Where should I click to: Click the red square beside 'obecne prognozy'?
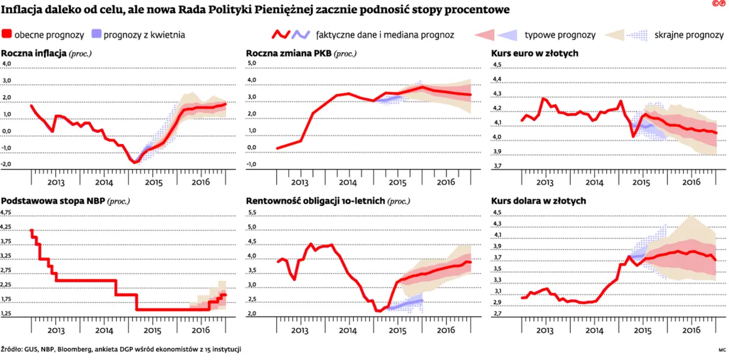pos(7,34)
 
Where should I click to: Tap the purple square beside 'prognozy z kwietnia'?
pos(96,34)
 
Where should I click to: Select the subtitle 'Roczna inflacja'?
pos(34,53)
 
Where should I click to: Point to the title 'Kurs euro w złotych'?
pos(535,53)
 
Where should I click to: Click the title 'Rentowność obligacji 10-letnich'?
pos(315,201)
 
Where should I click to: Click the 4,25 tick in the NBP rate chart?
pos(8,227)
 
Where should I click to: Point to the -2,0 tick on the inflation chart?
pos(8,164)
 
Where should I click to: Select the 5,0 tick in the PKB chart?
pos(251,63)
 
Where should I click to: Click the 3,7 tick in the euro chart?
pos(497,166)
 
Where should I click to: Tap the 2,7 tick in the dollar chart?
pos(497,314)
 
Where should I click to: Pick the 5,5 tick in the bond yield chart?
pos(251,212)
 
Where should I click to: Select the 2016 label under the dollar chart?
pos(691,330)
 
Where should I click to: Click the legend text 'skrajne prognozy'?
pos(689,35)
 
